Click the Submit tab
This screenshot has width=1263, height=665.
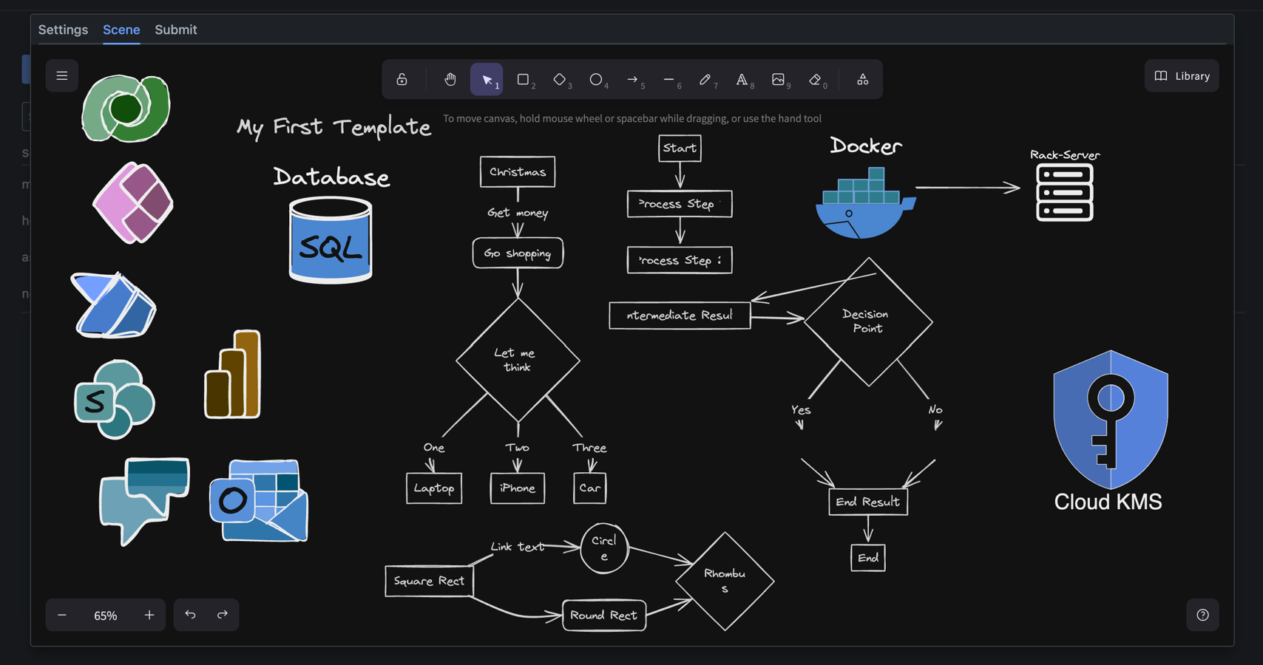click(175, 30)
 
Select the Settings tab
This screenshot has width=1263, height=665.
click(63, 30)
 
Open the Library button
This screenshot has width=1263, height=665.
click(1182, 76)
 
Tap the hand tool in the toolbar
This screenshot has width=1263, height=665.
click(450, 79)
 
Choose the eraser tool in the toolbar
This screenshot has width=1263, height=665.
click(816, 79)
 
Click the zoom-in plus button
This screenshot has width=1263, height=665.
click(149, 615)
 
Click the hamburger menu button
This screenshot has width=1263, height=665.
click(62, 76)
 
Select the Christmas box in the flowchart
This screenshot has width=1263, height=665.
click(518, 171)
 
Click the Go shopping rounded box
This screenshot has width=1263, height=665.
click(518, 253)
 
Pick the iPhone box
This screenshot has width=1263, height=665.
click(518, 488)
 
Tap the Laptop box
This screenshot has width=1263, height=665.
click(434, 488)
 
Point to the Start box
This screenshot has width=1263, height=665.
click(680, 148)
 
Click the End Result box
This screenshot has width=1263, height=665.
click(867, 502)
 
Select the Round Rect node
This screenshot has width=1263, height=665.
click(604, 615)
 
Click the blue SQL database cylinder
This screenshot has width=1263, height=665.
click(331, 242)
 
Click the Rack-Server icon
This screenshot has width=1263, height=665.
click(1064, 193)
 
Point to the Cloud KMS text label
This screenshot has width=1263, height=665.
click(1108, 502)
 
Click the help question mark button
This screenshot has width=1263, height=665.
click(1202, 615)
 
